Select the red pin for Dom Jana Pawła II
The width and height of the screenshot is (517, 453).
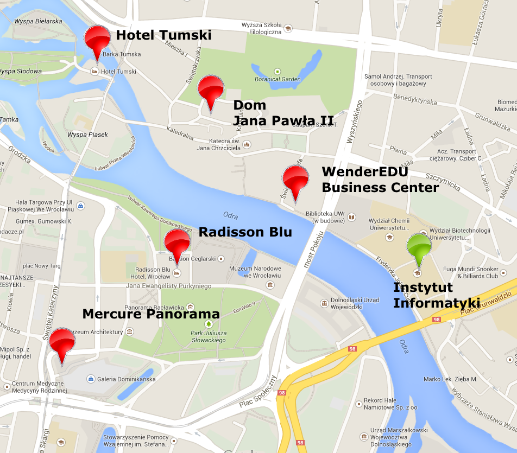[x=211, y=89]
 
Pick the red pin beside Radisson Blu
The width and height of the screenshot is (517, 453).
[x=177, y=242]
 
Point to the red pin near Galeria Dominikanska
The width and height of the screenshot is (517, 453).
[x=62, y=341]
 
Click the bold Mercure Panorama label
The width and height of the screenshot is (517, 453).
[x=150, y=314]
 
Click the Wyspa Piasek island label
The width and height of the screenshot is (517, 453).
[x=88, y=135]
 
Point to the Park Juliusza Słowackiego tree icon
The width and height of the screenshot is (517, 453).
[x=208, y=324]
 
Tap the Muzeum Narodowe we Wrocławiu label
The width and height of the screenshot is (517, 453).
[x=255, y=272]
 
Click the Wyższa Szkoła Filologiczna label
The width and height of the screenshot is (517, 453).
[x=262, y=29]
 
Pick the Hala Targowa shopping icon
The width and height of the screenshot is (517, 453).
[x=80, y=206]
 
